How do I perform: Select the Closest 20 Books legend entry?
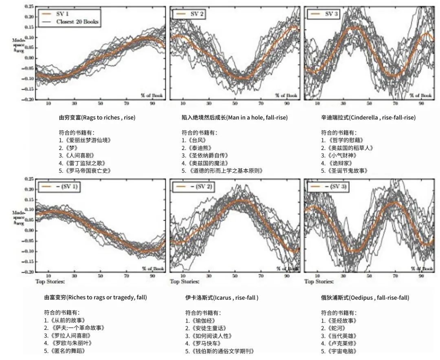[77, 22]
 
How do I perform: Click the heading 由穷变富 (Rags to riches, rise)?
[97, 117]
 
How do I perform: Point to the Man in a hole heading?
[235, 117]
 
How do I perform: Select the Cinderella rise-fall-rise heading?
[368, 117]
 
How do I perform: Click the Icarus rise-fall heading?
[222, 298]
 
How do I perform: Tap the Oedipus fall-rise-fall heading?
[365, 298]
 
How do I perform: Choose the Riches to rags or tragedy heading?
[95, 298]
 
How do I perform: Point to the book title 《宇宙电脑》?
[339, 351]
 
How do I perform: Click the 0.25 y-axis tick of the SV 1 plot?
[29, 7]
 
